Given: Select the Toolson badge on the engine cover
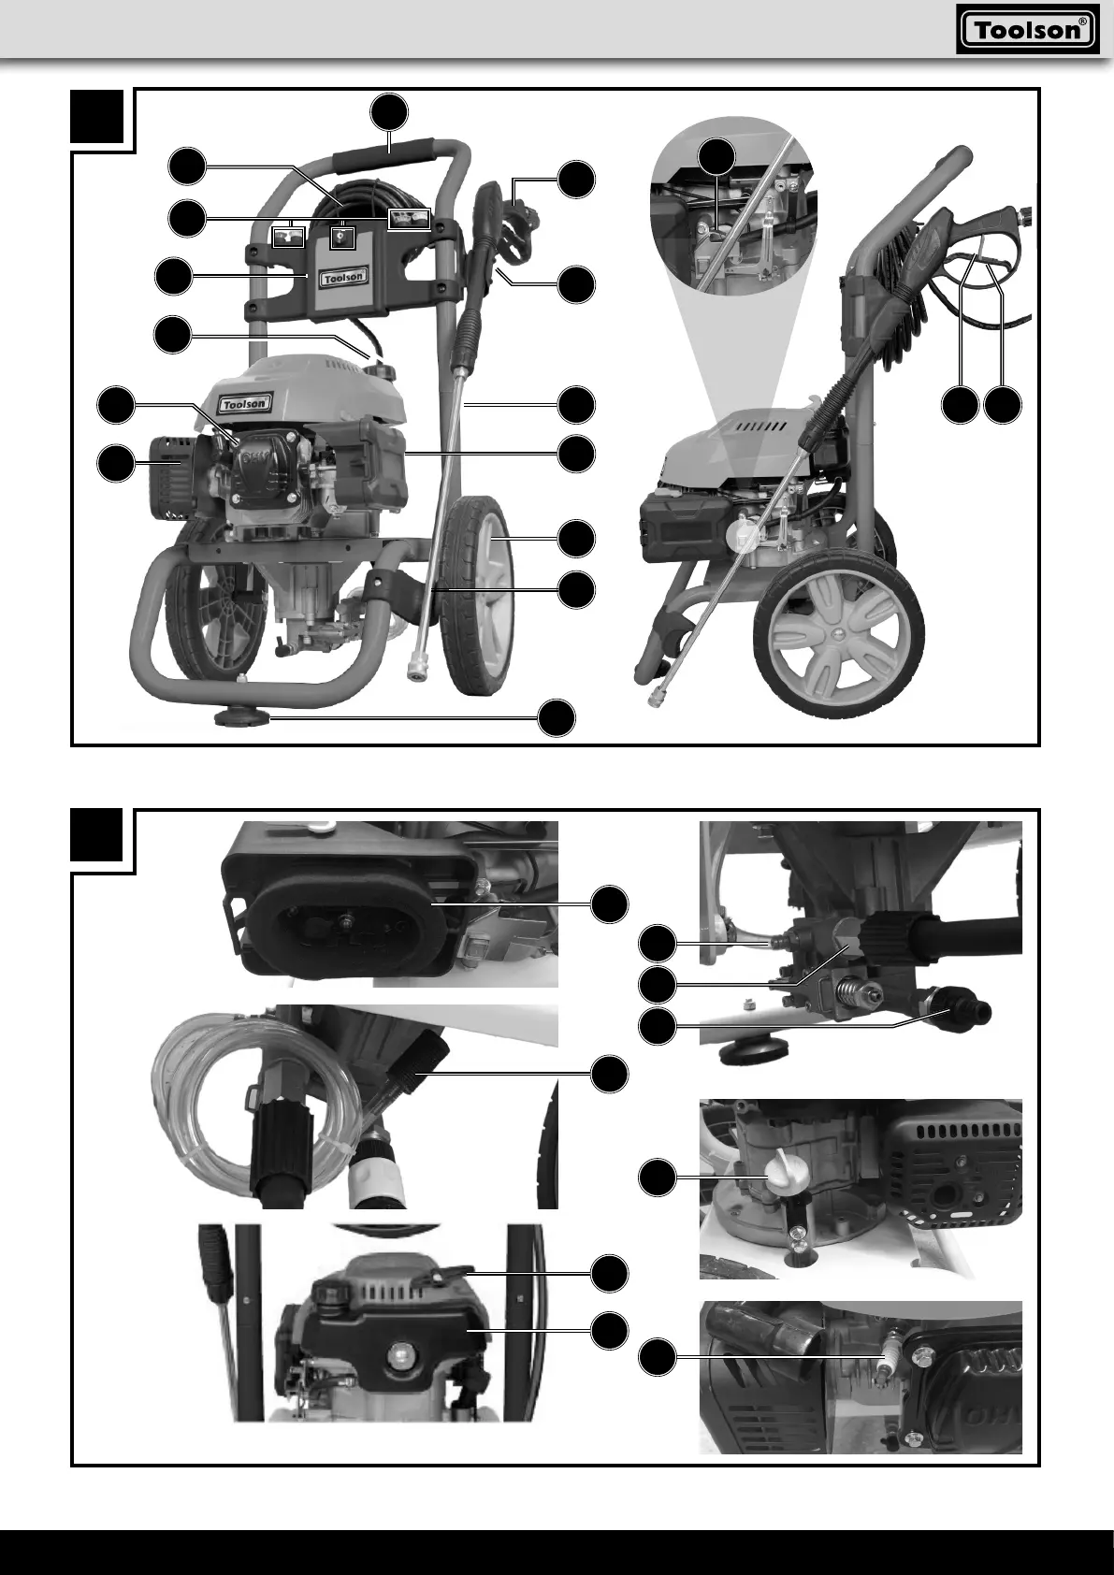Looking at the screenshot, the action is pyautogui.click(x=245, y=403).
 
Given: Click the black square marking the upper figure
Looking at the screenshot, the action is pyautogui.click(x=98, y=116).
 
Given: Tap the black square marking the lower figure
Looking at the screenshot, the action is pyautogui.click(x=98, y=835).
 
